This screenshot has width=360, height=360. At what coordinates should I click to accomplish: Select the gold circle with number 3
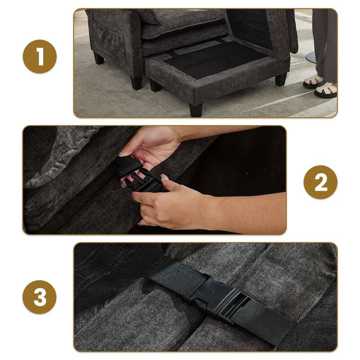40,297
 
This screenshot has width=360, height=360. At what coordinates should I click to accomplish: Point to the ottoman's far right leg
280,79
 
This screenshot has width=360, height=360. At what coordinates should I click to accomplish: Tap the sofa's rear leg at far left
99,58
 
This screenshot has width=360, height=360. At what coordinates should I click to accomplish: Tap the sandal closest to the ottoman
313,82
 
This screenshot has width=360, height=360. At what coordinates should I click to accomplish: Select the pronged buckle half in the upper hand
128,166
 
